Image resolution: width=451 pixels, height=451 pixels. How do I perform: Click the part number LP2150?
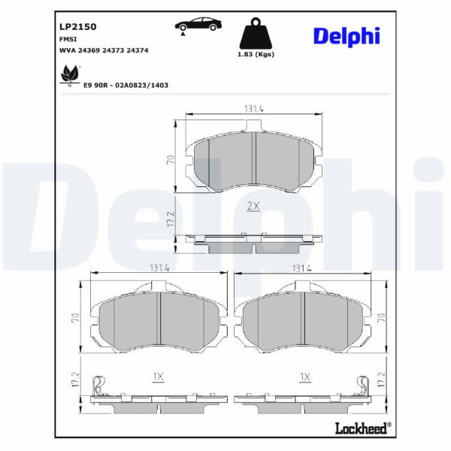(x=77, y=27)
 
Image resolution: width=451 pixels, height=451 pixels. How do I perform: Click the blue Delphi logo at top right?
(x=347, y=37)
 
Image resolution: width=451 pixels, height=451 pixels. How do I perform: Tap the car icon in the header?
(x=198, y=25)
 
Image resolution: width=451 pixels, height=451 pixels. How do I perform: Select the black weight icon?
(x=256, y=33)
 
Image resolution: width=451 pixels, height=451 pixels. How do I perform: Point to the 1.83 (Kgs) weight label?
(x=256, y=54)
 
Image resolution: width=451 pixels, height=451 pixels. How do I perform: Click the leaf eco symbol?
(x=69, y=74)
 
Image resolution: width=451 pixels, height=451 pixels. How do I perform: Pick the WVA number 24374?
(x=138, y=50)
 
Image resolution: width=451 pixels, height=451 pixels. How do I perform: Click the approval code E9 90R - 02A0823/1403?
(x=126, y=85)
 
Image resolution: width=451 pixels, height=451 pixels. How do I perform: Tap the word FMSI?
(x=68, y=39)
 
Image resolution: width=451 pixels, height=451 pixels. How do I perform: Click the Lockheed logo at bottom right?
(x=363, y=428)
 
